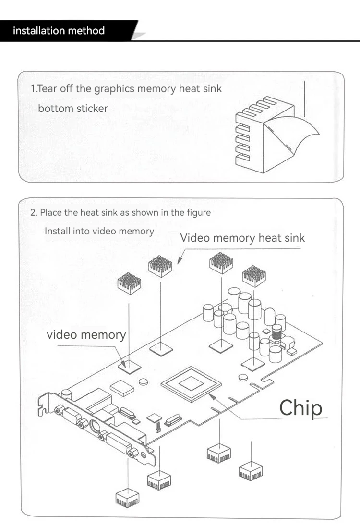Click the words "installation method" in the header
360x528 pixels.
(59, 31)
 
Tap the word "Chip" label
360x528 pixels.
(301, 408)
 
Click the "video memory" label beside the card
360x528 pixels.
(86, 335)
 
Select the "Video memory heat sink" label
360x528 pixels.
(242, 238)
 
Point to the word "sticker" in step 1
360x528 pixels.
(92, 109)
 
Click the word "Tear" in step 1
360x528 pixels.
(47, 88)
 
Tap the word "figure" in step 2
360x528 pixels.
(199, 213)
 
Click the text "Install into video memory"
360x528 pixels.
(99, 232)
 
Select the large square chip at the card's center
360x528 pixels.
(191, 384)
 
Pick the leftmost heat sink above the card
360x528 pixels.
(129, 283)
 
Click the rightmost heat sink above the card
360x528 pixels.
(254, 276)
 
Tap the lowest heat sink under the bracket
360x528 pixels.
(127, 498)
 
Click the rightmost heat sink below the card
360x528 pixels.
(251, 471)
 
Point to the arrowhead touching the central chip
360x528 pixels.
(212, 396)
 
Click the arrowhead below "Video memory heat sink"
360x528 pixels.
(180, 260)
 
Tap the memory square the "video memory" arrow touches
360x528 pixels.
(130, 368)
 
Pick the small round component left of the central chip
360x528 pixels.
(144, 381)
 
